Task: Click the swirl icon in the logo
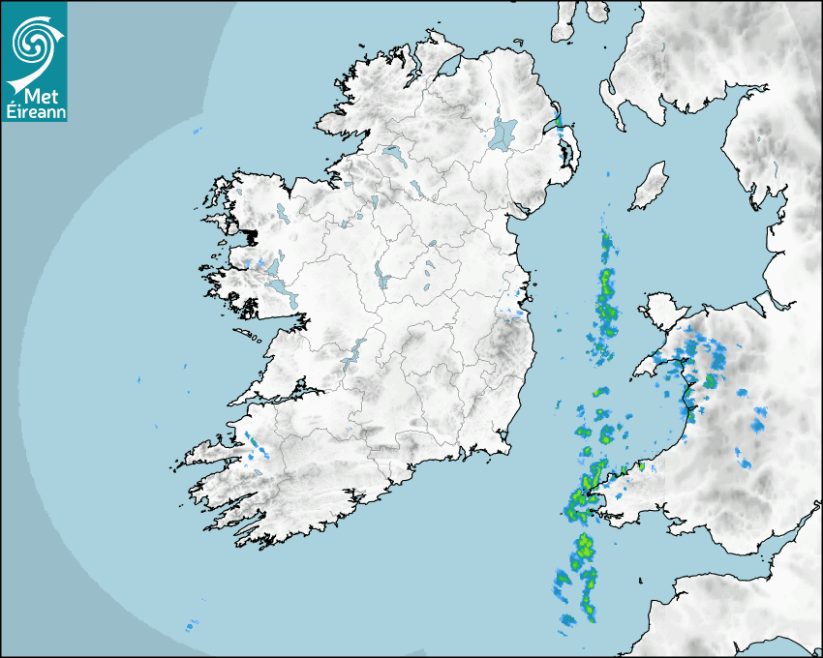click(33, 40)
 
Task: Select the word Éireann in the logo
click(35, 111)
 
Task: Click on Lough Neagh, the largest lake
click(503, 133)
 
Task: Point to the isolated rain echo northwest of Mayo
click(197, 130)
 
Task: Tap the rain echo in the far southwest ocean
click(192, 625)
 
